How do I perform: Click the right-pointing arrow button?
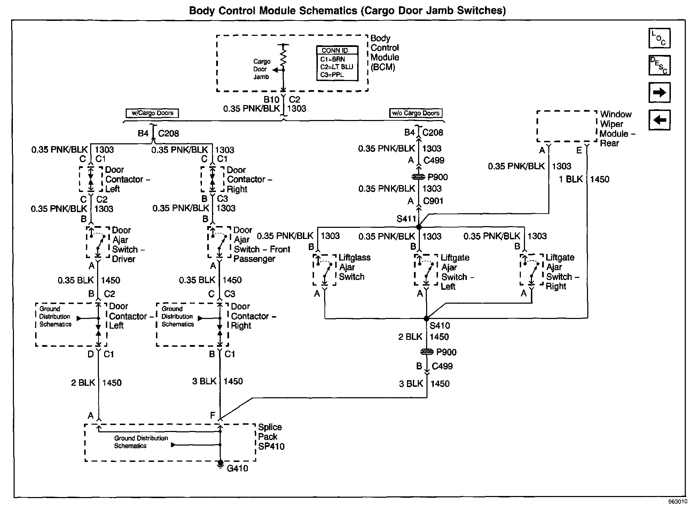pos(659,93)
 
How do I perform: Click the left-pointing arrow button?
pos(659,120)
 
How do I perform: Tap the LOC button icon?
pos(659,38)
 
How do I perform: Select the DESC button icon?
pos(659,65)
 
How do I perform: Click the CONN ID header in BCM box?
pos(337,50)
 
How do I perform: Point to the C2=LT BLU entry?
pos(337,67)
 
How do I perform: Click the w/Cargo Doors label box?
pos(152,113)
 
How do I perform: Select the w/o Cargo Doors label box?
pos(415,113)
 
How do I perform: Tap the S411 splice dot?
pos(419,227)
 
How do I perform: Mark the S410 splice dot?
pos(426,318)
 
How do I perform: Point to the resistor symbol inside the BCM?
pos(283,57)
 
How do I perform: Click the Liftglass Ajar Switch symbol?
pos(324,270)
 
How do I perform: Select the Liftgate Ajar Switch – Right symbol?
pos(532,270)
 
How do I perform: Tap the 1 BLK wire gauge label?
pos(571,179)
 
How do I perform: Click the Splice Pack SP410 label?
pos(271,437)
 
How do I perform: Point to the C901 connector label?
pos(433,201)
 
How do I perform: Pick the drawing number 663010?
pos(677,502)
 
